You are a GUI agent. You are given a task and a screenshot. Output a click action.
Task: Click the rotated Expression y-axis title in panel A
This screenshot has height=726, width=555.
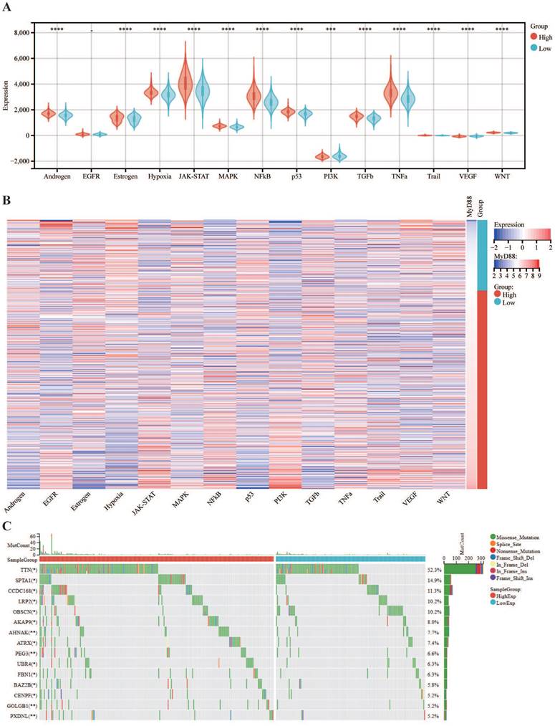6,96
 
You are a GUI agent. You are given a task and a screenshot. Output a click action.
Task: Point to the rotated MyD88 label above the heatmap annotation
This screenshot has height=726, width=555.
470,206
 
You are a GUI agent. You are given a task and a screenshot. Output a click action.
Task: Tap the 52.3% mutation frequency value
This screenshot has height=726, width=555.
435,568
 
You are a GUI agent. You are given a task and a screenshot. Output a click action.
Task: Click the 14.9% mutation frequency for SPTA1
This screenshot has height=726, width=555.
435,579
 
